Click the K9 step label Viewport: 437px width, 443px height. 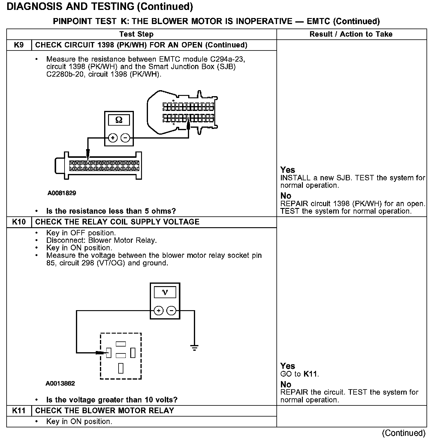[x=19, y=45]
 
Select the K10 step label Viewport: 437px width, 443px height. [x=19, y=222]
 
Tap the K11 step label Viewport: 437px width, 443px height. [x=19, y=411]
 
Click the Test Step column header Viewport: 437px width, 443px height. [x=136, y=34]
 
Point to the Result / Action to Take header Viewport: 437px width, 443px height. [x=351, y=34]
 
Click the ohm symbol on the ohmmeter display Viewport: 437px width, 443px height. [x=119, y=120]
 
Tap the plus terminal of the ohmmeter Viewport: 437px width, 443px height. [x=113, y=138]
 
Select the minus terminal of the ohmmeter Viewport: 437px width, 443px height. [x=125, y=138]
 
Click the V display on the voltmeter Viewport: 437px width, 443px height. [x=165, y=292]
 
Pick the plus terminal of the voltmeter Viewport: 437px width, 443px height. [x=159, y=310]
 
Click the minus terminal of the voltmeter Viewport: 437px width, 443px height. [x=171, y=310]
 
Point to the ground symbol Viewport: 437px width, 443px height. [x=194, y=348]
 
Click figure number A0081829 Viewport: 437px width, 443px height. [x=62, y=193]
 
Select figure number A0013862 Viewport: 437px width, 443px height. [x=60, y=383]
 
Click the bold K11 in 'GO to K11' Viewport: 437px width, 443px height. [x=310, y=374]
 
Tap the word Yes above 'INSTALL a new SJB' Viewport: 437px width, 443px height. [x=288, y=170]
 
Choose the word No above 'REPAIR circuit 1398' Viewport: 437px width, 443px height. [x=286, y=196]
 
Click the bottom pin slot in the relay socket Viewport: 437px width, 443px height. [x=121, y=368]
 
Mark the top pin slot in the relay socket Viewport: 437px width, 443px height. [x=121, y=344]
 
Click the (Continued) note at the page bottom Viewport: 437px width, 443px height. [x=404, y=433]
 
